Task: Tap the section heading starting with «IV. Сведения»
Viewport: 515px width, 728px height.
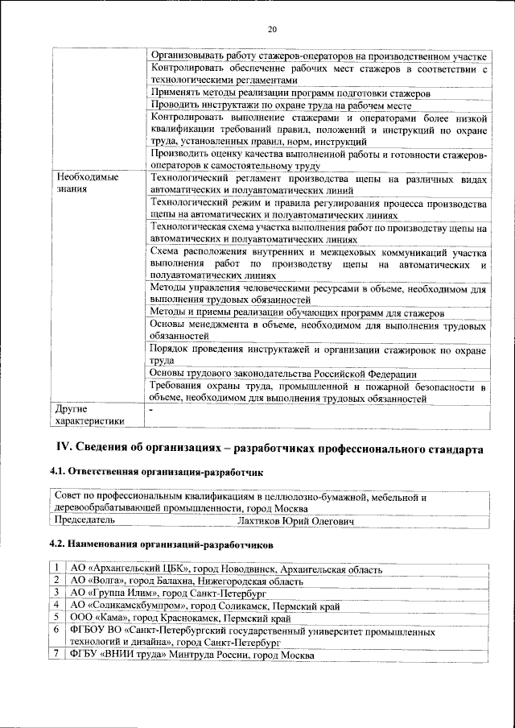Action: tap(269, 448)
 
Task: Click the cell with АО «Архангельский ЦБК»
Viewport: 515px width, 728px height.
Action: tap(226, 569)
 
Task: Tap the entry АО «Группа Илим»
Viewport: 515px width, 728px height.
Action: tap(157, 592)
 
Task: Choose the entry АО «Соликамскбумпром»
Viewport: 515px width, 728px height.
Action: tap(204, 604)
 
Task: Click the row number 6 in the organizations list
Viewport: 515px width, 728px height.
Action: tap(58, 628)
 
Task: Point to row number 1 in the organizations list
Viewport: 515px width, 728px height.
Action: tap(58, 569)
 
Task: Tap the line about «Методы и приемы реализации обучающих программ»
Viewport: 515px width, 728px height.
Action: tap(297, 312)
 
